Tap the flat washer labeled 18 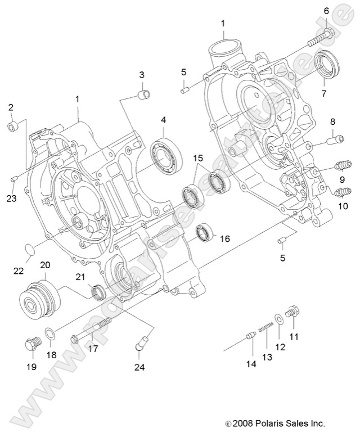[x=49, y=335]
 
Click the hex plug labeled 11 [x=292, y=311]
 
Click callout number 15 [x=198, y=159]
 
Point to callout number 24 [x=139, y=368]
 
